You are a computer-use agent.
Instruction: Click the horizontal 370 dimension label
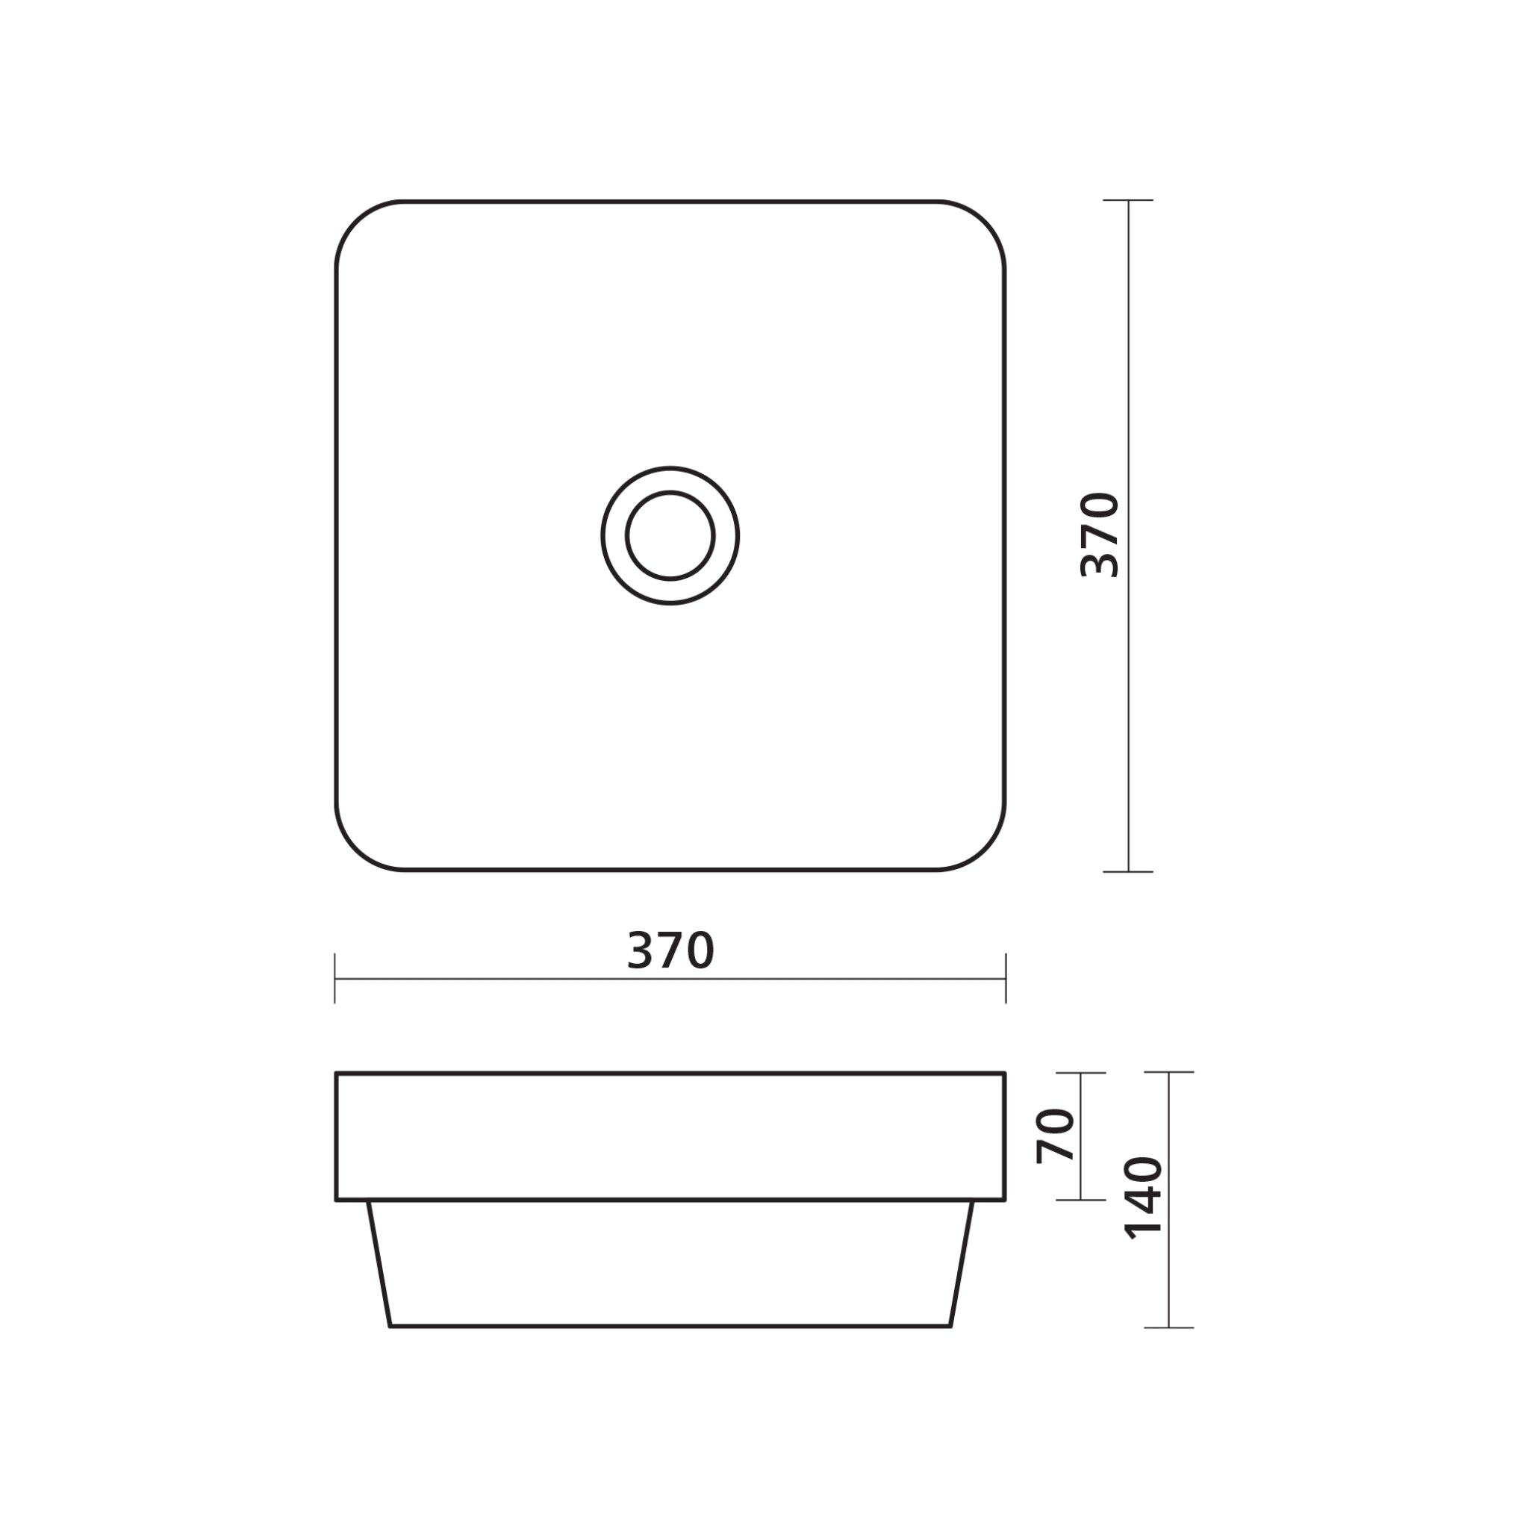point(670,950)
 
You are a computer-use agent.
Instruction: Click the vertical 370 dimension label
point(1100,535)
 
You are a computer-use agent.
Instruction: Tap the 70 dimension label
point(1056,1136)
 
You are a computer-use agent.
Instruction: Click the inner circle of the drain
point(670,536)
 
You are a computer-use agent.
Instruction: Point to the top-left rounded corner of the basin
point(356,222)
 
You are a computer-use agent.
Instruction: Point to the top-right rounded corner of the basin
point(985,222)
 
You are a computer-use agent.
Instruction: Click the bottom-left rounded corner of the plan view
point(356,850)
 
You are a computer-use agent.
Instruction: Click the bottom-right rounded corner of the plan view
point(985,850)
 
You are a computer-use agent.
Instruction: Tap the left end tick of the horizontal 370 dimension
point(335,979)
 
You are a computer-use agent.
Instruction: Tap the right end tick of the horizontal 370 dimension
point(1006,979)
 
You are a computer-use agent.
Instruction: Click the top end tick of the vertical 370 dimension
point(1128,200)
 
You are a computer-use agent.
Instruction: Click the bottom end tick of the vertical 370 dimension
point(1128,871)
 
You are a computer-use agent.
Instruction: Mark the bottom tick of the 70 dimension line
point(1080,1200)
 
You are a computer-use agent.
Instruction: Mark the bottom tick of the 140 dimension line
point(1169,1327)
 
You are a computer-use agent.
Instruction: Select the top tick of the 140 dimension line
point(1169,1072)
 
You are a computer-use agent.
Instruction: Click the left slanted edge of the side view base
point(379,1264)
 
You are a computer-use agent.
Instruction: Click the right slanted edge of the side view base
point(961,1264)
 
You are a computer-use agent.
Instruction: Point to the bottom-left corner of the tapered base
point(391,1326)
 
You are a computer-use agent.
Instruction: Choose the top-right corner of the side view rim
point(1003,1074)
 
